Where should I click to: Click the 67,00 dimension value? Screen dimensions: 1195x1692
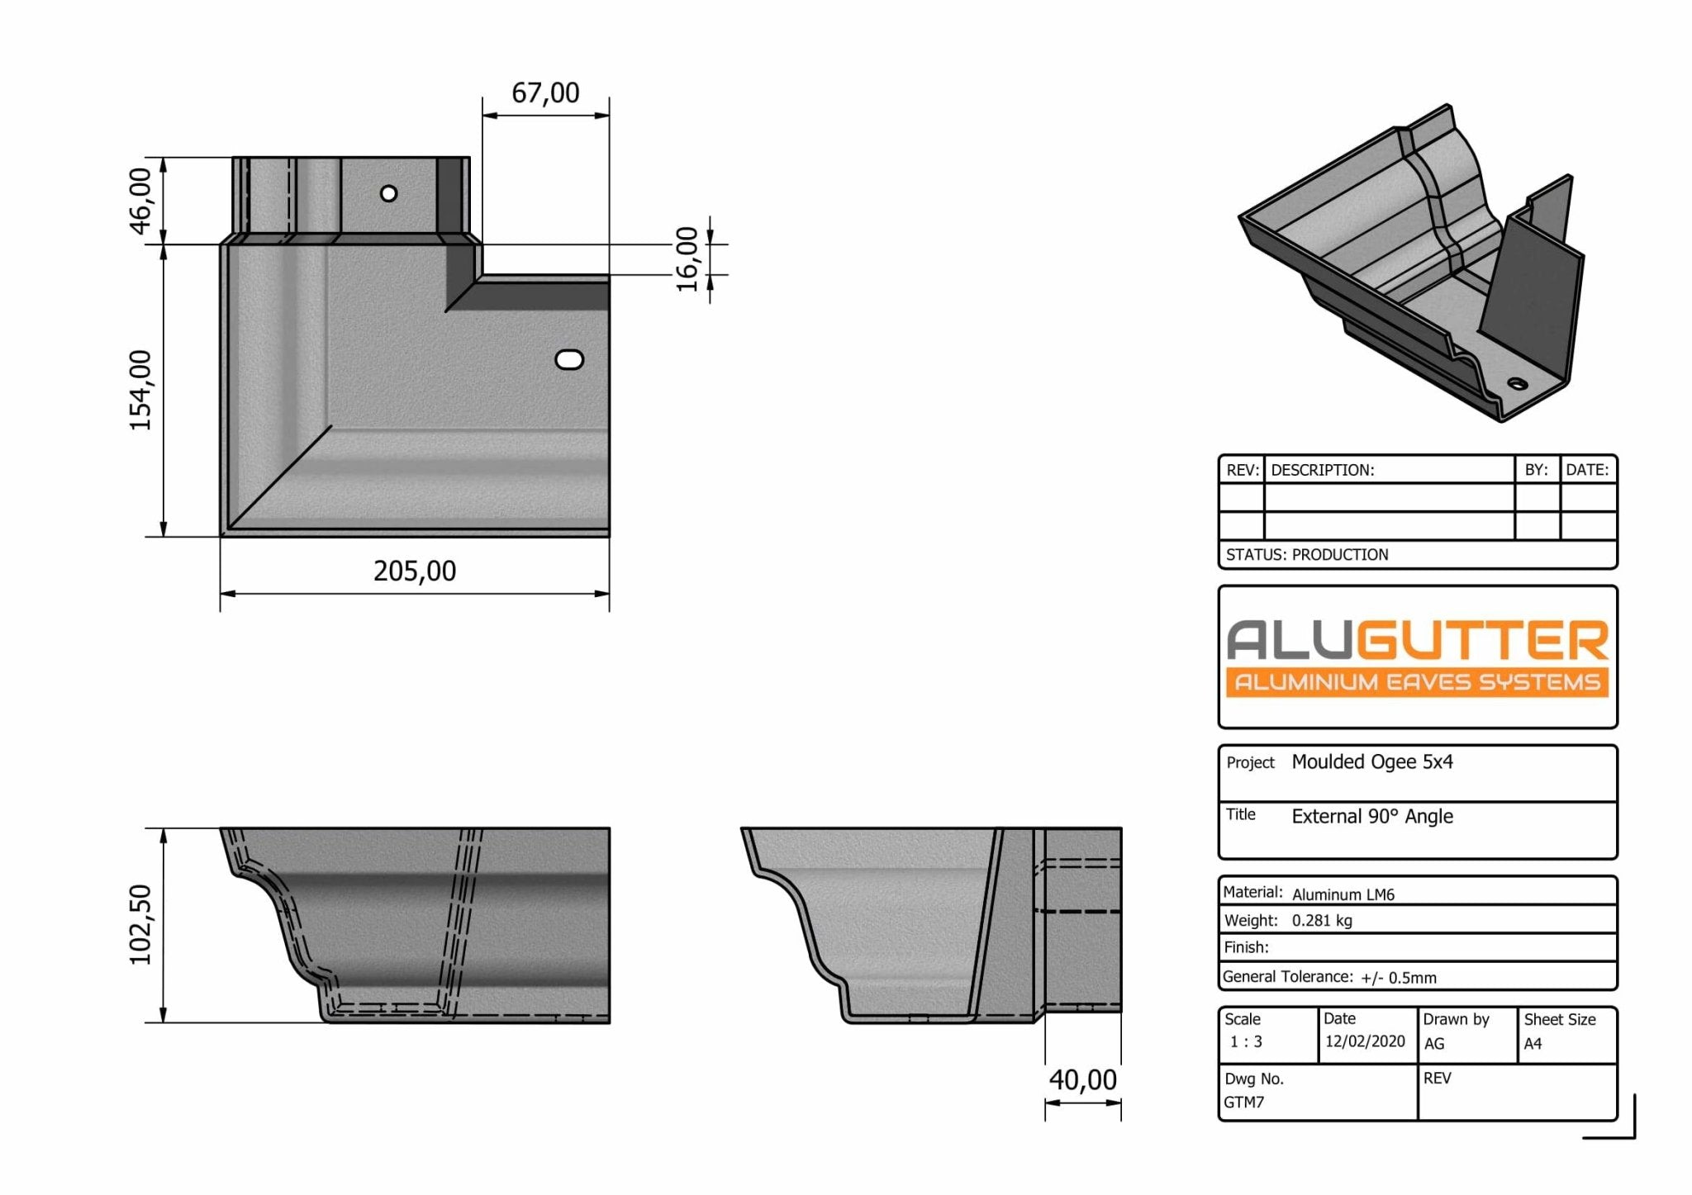(545, 92)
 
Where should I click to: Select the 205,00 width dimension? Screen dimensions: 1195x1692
(414, 571)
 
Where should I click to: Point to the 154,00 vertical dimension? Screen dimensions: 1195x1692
(141, 390)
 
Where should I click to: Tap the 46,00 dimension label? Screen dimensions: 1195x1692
(141, 201)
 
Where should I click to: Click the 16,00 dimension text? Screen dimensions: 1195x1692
(687, 259)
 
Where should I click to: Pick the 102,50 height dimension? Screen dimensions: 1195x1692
(141, 924)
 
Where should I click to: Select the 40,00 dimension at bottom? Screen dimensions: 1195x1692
(1082, 1079)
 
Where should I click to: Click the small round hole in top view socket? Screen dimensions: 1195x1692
(388, 193)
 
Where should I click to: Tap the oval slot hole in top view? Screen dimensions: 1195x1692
(569, 359)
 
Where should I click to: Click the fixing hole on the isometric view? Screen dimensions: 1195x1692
(1518, 383)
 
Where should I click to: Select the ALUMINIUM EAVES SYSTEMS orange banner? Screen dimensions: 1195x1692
(1417, 682)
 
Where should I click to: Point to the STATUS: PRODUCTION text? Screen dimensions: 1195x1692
(1307, 555)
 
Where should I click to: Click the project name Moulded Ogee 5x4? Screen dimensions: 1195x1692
(1371, 761)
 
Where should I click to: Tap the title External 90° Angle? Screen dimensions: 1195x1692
(1371, 816)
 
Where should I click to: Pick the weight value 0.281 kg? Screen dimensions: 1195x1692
(1322, 921)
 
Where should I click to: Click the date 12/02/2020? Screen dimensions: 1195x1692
(1365, 1041)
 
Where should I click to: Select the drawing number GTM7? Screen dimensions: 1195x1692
(1243, 1103)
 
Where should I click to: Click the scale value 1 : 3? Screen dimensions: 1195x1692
(1246, 1042)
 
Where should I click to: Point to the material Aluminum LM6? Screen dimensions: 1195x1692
(1343, 894)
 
